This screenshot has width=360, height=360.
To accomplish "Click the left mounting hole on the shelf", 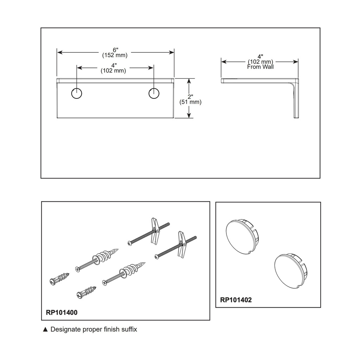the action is [x=76, y=93].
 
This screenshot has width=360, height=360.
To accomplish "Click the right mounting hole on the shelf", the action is [x=154, y=93].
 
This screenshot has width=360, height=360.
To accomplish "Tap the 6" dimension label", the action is [x=115, y=50].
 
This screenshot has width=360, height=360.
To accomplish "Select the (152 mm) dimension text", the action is [x=115, y=55].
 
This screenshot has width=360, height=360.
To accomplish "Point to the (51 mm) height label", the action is [x=190, y=102].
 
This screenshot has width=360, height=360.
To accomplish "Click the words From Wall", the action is [x=261, y=67].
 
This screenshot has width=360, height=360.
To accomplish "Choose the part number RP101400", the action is [x=62, y=313].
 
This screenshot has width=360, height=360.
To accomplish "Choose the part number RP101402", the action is [x=236, y=300].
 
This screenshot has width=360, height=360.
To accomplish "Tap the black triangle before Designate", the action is [x=45, y=329].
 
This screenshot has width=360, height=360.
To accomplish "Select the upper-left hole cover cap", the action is [x=242, y=237].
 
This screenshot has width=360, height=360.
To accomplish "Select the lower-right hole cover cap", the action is [x=291, y=272].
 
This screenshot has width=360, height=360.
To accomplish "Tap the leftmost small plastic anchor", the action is [x=59, y=278].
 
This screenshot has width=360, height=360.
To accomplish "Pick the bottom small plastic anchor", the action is [x=86, y=292].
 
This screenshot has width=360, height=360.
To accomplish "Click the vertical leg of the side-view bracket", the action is [x=296, y=99].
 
